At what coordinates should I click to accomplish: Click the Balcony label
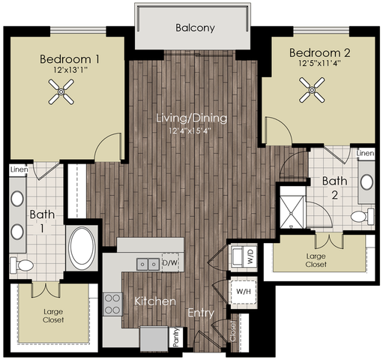point(195,28)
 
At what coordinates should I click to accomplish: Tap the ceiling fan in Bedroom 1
point(61,91)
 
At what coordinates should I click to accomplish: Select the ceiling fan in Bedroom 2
point(312,90)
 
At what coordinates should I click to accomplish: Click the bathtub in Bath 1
point(82,246)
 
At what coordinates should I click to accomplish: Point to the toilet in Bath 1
point(22,265)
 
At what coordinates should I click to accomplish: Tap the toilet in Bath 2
point(362,216)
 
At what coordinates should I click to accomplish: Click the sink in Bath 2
point(367,181)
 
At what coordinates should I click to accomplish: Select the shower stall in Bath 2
point(292,212)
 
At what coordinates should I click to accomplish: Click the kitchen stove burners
point(112,304)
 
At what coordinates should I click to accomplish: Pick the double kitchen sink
point(148,264)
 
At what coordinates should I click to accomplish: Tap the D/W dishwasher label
point(170,262)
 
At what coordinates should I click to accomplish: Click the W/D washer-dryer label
point(251,256)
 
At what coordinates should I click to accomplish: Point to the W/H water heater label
point(244,292)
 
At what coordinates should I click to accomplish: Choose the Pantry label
point(176,337)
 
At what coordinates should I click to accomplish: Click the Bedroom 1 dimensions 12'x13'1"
point(70,70)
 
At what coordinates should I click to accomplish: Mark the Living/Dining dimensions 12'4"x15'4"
point(190,130)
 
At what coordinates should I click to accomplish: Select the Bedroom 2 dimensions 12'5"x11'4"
point(320,63)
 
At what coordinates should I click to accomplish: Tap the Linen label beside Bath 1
point(19,169)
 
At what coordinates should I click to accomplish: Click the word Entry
point(201,313)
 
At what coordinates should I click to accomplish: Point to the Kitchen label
point(155,301)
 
